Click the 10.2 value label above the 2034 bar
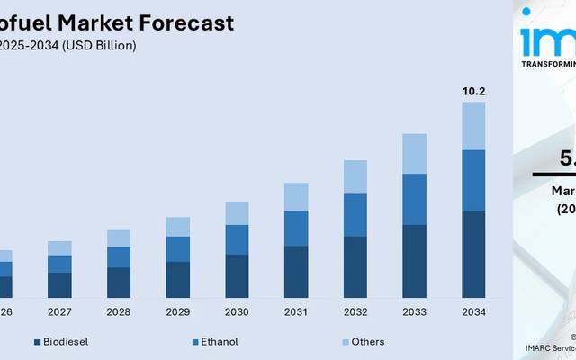(x=473, y=91)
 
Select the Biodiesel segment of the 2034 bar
(x=473, y=254)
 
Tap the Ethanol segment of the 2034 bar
(x=473, y=180)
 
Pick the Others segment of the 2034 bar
(x=473, y=126)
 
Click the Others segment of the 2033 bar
(x=414, y=154)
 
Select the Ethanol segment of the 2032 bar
(x=355, y=215)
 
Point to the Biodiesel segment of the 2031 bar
(x=296, y=272)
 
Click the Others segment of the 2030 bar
(x=237, y=213)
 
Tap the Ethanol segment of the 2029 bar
(x=178, y=249)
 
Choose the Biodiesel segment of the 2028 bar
(x=119, y=282)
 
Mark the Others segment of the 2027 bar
(x=59, y=248)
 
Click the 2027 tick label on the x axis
(x=59, y=312)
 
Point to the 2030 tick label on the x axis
(x=237, y=312)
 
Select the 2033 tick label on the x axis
(x=414, y=312)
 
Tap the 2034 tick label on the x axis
(x=473, y=312)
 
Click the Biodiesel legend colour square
(x=37, y=342)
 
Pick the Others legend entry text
(x=368, y=342)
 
